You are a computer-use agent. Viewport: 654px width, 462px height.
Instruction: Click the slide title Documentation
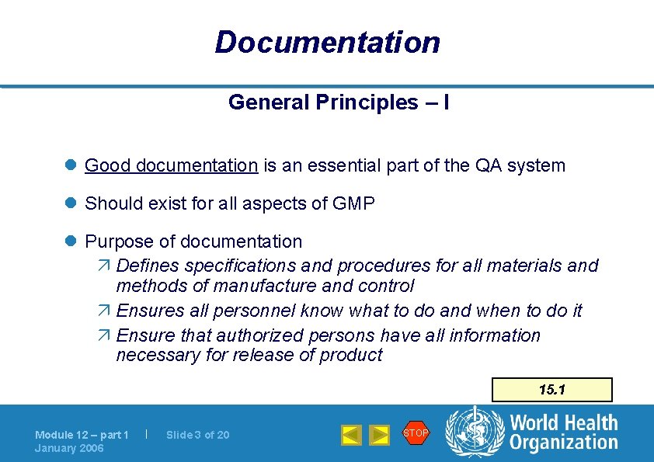tap(327, 42)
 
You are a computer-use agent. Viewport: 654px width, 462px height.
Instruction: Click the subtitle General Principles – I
tap(338, 102)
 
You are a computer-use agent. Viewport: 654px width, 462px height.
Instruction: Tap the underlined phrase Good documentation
tap(171, 165)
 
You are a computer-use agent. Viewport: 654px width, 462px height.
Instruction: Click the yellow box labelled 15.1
tap(552, 389)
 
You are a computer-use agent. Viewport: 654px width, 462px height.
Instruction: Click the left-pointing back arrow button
tap(351, 435)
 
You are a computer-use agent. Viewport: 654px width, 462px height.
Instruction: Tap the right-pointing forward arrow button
tap(378, 435)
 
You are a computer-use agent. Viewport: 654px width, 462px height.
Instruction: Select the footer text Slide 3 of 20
tap(198, 435)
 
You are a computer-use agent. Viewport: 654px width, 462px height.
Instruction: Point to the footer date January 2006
tap(69, 448)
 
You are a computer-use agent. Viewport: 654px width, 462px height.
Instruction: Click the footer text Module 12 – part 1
tap(82, 435)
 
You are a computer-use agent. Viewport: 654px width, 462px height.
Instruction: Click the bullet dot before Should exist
tap(70, 204)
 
